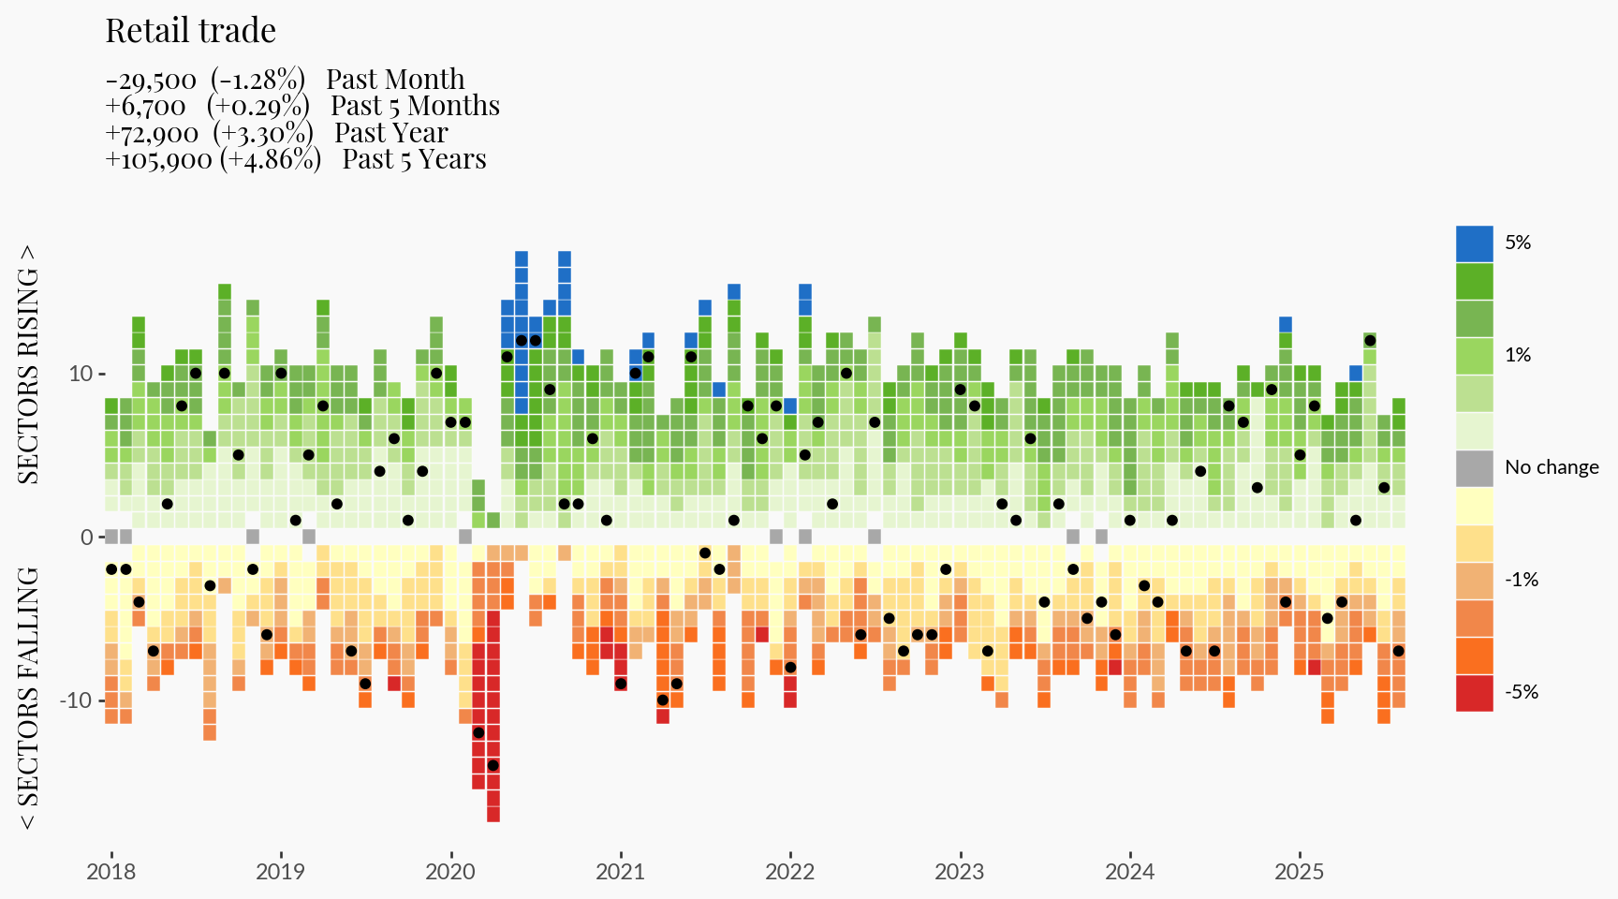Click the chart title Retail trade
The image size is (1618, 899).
tap(190, 31)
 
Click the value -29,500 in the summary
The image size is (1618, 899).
tap(151, 81)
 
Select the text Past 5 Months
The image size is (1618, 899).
tap(415, 106)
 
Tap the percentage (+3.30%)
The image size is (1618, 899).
tap(263, 133)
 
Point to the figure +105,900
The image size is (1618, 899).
tap(159, 159)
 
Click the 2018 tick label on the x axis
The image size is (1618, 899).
tap(110, 872)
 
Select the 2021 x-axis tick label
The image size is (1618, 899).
tap(620, 872)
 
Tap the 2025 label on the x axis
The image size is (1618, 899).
tap(1299, 872)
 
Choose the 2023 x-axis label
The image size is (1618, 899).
tap(960, 872)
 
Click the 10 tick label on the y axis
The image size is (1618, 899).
tap(81, 374)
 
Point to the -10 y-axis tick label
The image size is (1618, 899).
tap(77, 700)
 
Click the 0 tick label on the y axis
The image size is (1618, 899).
tap(87, 538)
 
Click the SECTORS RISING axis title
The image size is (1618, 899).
tap(29, 364)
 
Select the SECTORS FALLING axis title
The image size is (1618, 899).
tap(29, 698)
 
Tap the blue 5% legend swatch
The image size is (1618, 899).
tap(1474, 243)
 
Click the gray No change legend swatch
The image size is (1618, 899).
tap(1474, 468)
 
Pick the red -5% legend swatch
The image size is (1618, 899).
tap(1474, 693)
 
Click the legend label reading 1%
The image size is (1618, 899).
tap(1518, 355)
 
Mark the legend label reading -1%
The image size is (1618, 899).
tap(1522, 580)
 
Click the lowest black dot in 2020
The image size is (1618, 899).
tap(493, 765)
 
